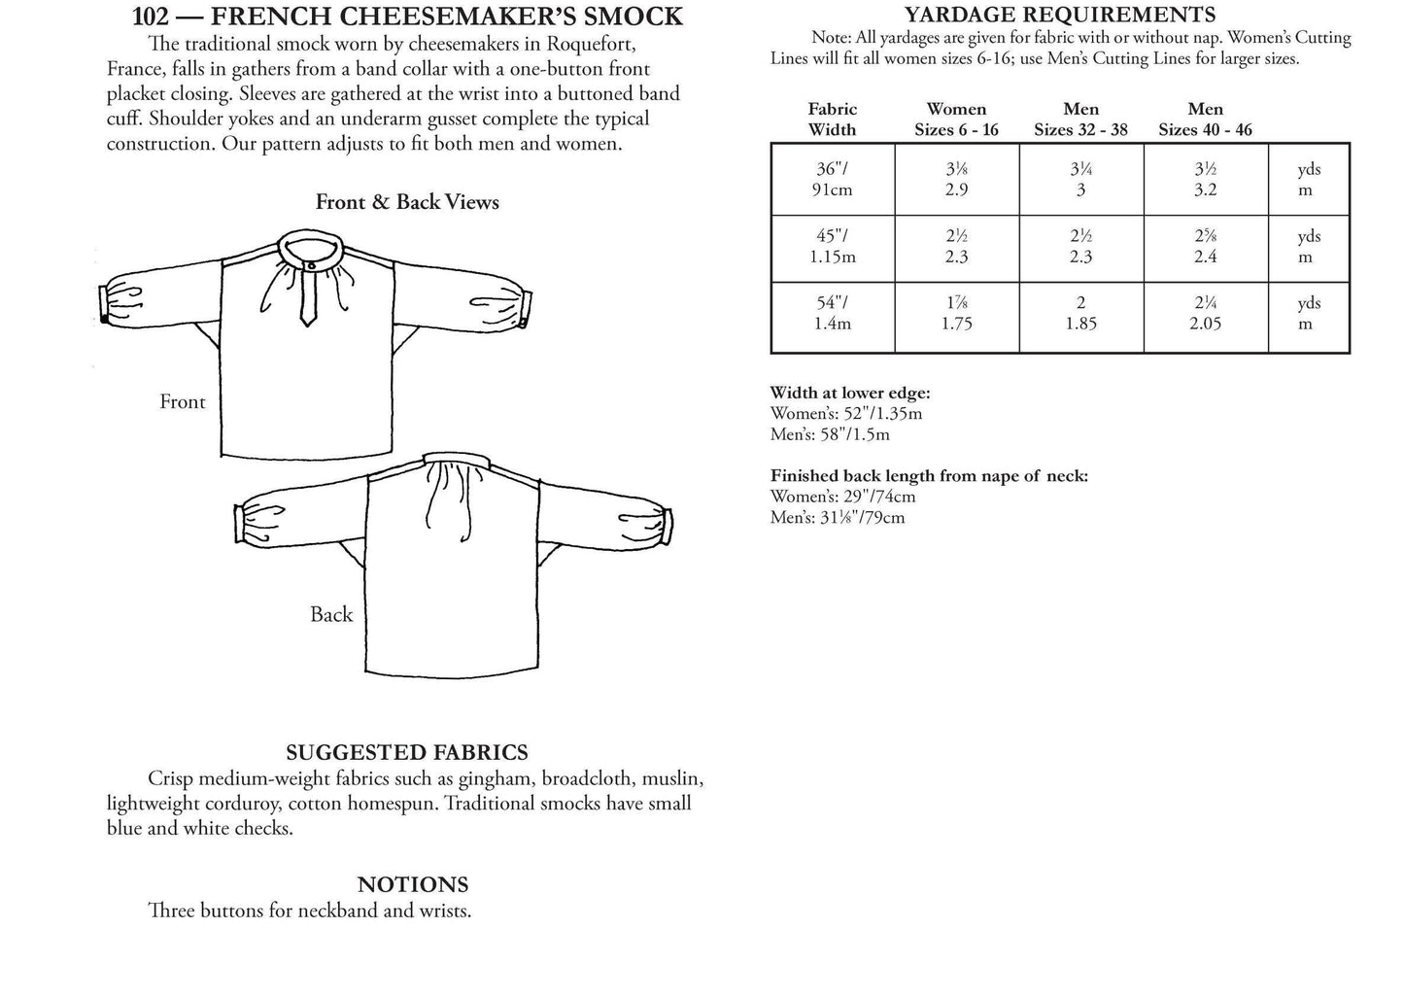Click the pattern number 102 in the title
(x=151, y=17)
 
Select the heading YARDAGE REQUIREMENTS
(x=1060, y=15)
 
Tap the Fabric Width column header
(x=832, y=120)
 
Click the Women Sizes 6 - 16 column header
(x=956, y=120)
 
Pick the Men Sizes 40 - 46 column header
(x=1205, y=120)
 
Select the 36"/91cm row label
(x=832, y=179)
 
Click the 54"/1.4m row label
(x=832, y=313)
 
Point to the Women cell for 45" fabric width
(x=956, y=247)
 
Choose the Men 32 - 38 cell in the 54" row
(x=1080, y=313)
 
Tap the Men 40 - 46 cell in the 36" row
(x=1205, y=179)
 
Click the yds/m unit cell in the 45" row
(x=1308, y=247)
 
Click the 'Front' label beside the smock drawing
(x=183, y=401)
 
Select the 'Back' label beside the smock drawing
(x=331, y=614)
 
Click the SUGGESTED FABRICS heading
(x=407, y=752)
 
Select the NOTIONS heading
(x=413, y=884)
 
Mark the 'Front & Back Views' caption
(x=407, y=202)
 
